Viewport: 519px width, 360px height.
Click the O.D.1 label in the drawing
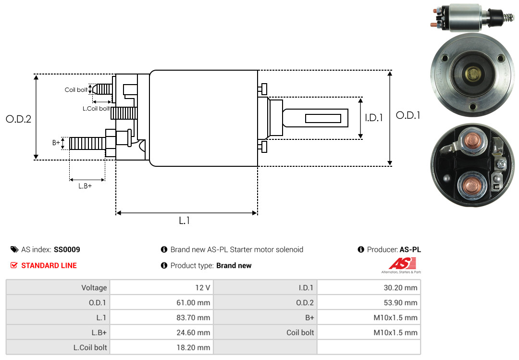pyautogui.click(x=408, y=115)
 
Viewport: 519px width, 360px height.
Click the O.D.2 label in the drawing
pyautogui.click(x=18, y=119)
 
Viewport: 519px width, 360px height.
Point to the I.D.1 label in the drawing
pyautogui.click(x=373, y=117)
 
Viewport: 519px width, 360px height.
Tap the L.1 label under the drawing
pyautogui.click(x=185, y=221)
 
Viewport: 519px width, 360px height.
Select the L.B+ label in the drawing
pyautogui.click(x=85, y=186)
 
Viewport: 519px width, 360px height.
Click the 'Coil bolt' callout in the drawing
pyautogui.click(x=76, y=90)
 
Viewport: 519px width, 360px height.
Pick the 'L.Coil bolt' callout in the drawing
pyautogui.click(x=96, y=109)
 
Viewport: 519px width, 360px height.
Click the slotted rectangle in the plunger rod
pyautogui.click(x=323, y=118)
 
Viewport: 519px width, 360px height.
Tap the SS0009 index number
pyautogui.click(x=67, y=250)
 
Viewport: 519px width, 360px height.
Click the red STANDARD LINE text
pyautogui.click(x=49, y=265)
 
